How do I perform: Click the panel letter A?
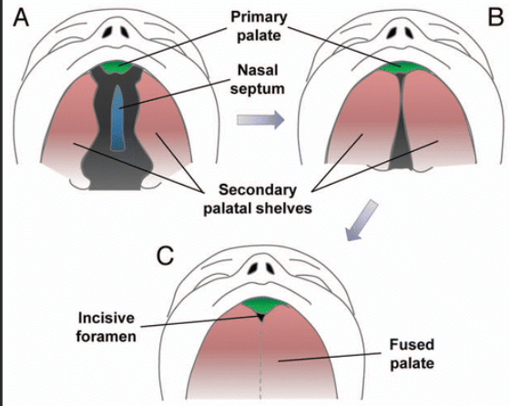tap(21, 17)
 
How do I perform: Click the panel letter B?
tap(495, 17)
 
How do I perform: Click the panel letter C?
tap(165, 256)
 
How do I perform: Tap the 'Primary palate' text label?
tap(259, 26)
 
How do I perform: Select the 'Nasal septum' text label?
tap(258, 79)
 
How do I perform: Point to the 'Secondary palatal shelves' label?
tap(258, 199)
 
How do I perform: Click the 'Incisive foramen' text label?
tap(106, 327)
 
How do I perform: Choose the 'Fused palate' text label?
tap(412, 354)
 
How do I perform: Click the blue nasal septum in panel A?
tap(117, 118)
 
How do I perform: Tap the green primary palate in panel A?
tap(117, 67)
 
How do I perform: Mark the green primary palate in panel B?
tap(403, 66)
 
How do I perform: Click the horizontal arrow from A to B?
tap(260, 120)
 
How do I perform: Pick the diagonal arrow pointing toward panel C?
tap(361, 220)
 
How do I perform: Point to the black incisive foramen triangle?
tap(260, 317)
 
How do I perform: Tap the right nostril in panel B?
tap(408, 32)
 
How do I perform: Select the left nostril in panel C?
tap(253, 268)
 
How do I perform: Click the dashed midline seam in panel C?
tap(260, 360)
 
